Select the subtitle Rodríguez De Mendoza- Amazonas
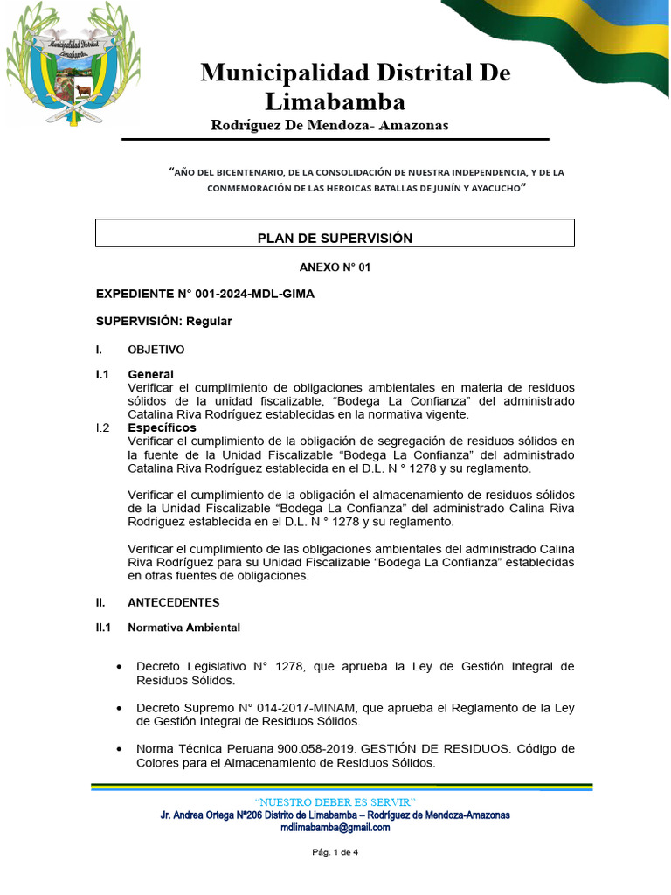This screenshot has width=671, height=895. click(x=329, y=125)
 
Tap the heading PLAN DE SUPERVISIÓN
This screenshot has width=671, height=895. click(x=335, y=238)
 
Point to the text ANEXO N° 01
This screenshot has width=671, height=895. click(x=335, y=267)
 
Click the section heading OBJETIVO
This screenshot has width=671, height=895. click(x=156, y=350)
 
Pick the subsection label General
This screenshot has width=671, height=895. click(x=150, y=374)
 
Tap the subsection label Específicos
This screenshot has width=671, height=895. click(x=162, y=427)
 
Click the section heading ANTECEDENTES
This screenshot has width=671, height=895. click(x=174, y=602)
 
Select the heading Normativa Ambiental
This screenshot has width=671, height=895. click(x=183, y=628)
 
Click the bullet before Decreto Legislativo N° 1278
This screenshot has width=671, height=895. click(x=118, y=667)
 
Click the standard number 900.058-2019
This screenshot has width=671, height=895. click(x=313, y=749)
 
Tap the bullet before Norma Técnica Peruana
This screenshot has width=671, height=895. click(x=118, y=750)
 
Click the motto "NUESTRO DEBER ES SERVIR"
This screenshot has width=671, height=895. click(x=335, y=802)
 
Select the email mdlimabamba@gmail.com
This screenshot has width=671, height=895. click(x=335, y=828)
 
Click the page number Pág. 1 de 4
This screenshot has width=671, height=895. click(x=335, y=853)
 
